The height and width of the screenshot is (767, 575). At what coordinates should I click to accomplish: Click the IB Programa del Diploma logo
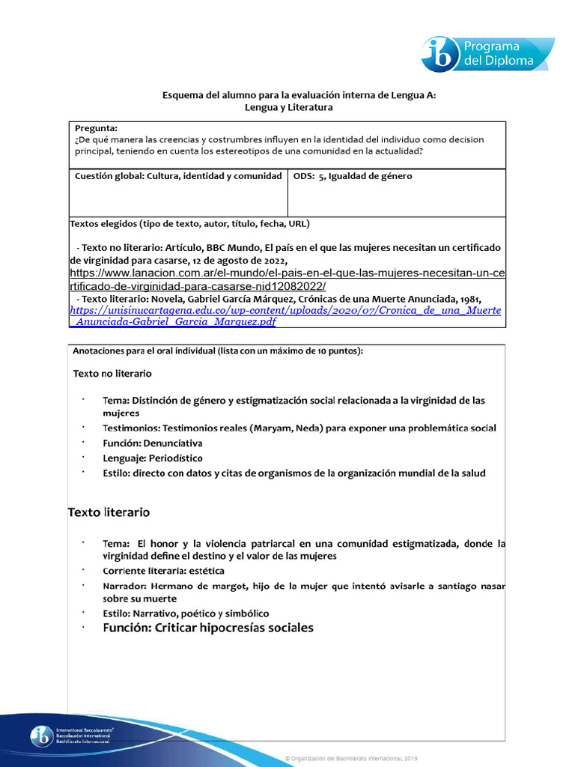pyautogui.click(x=487, y=53)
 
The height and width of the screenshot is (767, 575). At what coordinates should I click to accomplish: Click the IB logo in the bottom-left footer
pyautogui.click(x=73, y=736)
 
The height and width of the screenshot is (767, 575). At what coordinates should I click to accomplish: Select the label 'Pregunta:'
pyautogui.click(x=96, y=128)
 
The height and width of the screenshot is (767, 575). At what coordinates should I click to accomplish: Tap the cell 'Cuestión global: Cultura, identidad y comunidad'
pyautogui.click(x=178, y=176)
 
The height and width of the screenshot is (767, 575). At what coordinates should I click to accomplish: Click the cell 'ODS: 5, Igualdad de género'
pyautogui.click(x=353, y=176)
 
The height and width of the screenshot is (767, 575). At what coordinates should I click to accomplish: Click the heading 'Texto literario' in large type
pyautogui.click(x=109, y=512)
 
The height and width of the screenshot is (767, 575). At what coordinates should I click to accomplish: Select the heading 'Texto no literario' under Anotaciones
pyautogui.click(x=112, y=373)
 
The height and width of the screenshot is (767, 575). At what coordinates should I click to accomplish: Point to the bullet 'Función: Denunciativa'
pyautogui.click(x=152, y=443)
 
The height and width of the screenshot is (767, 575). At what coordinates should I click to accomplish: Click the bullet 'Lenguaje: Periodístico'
pyautogui.click(x=152, y=458)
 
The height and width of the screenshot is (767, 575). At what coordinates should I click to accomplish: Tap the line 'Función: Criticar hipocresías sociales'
pyautogui.click(x=208, y=628)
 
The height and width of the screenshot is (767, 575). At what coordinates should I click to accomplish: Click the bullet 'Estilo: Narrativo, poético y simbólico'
pyautogui.click(x=186, y=613)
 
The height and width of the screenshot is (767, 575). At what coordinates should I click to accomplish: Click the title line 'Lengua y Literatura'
pyautogui.click(x=288, y=107)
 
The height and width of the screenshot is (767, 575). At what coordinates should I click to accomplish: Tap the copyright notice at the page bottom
pyautogui.click(x=352, y=759)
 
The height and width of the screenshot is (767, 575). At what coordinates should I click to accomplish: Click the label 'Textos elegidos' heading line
pyautogui.click(x=189, y=223)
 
